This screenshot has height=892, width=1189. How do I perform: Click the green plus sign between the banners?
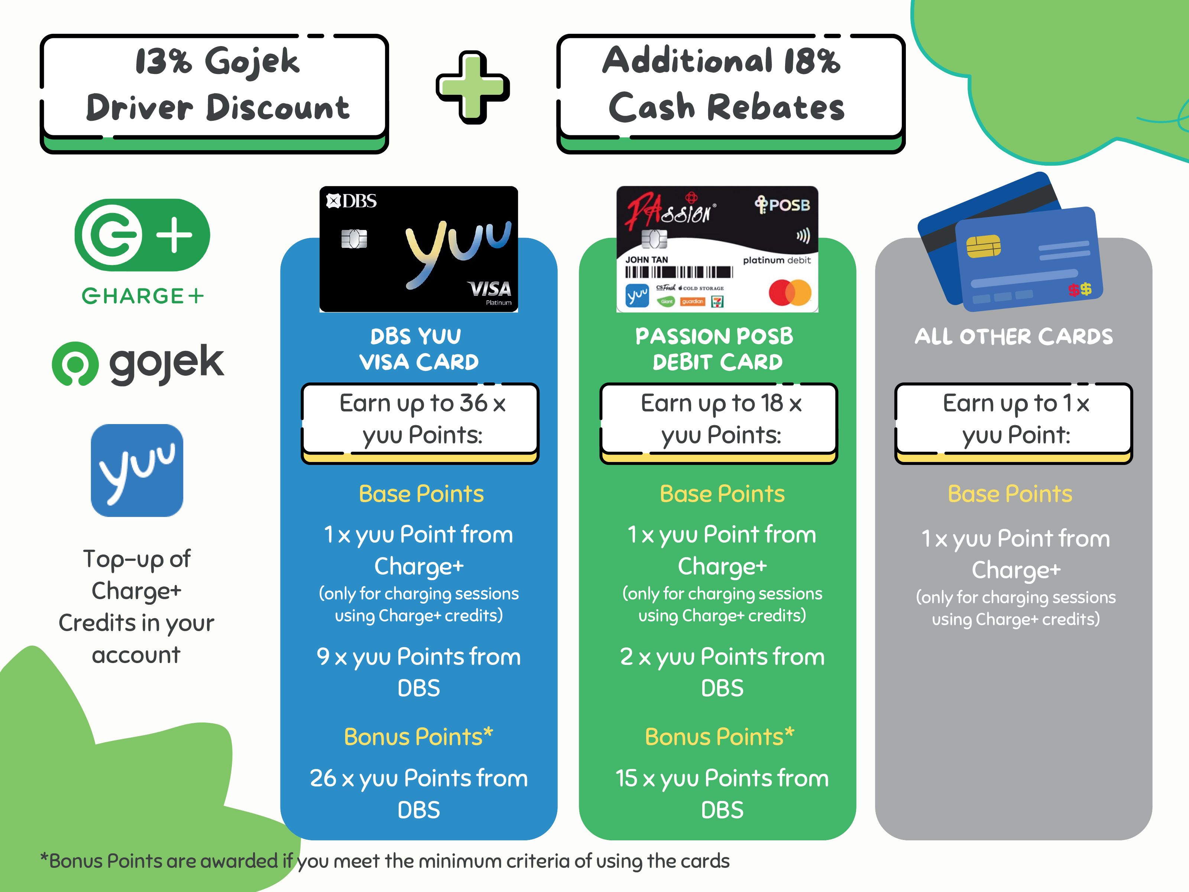click(473, 87)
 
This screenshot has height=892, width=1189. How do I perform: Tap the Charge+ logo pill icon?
click(142, 235)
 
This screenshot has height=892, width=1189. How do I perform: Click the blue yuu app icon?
click(137, 471)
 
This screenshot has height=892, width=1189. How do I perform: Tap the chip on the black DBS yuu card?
click(354, 239)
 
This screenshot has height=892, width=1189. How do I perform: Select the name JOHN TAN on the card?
click(647, 260)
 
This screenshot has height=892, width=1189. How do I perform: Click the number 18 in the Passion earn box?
click(771, 403)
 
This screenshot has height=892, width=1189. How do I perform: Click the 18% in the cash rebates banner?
click(811, 60)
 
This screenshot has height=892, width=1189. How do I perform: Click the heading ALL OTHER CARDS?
click(1014, 337)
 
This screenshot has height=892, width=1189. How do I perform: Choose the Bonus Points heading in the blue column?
click(419, 737)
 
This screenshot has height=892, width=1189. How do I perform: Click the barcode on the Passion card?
click(679, 272)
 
